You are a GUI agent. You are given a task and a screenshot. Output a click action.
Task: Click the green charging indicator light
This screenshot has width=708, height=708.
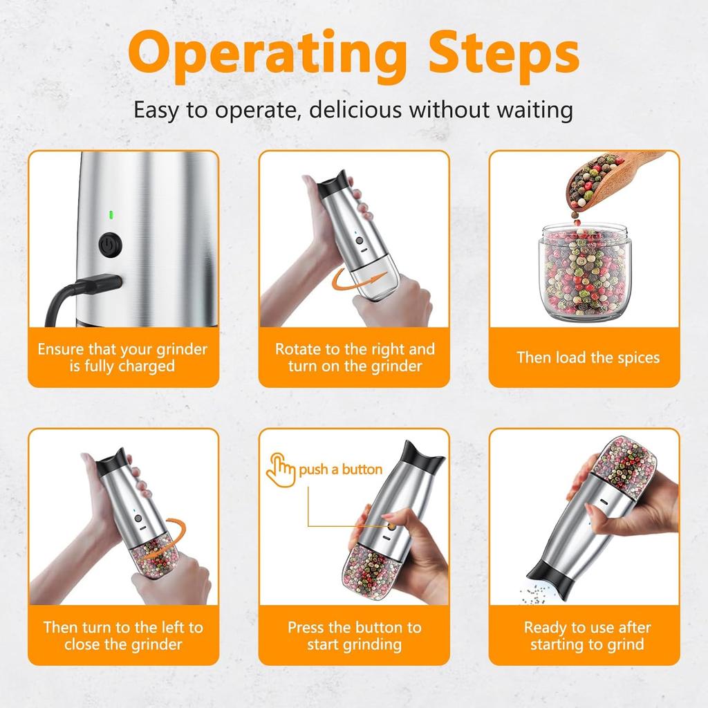point(109,215)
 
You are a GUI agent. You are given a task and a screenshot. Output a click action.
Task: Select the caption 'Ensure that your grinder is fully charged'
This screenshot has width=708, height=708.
point(122,357)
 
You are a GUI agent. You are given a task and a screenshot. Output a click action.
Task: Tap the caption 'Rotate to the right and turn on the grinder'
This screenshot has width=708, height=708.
point(354,357)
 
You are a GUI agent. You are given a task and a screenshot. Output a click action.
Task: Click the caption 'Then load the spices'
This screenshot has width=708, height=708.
point(588,357)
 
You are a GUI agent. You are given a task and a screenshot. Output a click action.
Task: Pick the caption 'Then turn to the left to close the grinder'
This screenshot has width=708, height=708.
point(123,635)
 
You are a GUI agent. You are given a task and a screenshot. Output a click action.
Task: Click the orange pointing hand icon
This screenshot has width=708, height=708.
point(281,469)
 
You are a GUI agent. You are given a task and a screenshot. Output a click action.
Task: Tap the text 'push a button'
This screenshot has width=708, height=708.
point(340,469)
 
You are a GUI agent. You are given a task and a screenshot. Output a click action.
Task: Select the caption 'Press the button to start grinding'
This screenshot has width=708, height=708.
point(354,635)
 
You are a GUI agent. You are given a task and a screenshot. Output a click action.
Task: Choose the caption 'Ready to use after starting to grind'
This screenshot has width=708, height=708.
point(588,635)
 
